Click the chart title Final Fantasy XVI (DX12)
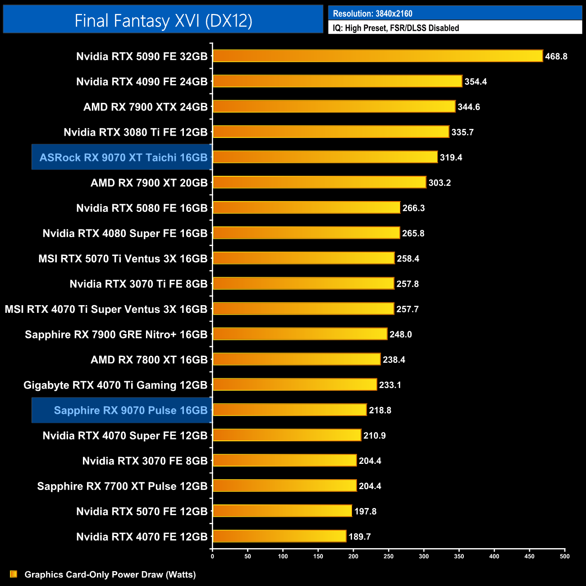(x=163, y=21)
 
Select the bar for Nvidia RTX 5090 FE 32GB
(x=378, y=56)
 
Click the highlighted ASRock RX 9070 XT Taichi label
(x=123, y=157)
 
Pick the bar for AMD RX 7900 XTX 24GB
(x=334, y=106)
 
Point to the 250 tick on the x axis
(x=389, y=556)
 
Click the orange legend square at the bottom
(x=14, y=574)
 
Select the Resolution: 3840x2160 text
(x=372, y=14)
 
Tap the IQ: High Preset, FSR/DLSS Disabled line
(x=396, y=28)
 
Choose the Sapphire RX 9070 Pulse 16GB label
(x=130, y=410)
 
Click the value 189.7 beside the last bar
(x=359, y=536)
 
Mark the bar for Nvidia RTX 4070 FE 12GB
(x=279, y=536)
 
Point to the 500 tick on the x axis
(x=564, y=556)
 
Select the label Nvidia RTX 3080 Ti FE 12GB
(x=135, y=132)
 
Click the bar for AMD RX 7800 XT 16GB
(x=297, y=359)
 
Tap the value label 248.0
(x=400, y=334)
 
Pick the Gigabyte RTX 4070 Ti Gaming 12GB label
(x=115, y=385)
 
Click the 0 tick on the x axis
(x=212, y=556)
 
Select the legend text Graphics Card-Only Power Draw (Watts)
(x=110, y=574)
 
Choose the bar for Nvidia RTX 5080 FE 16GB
(x=307, y=207)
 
